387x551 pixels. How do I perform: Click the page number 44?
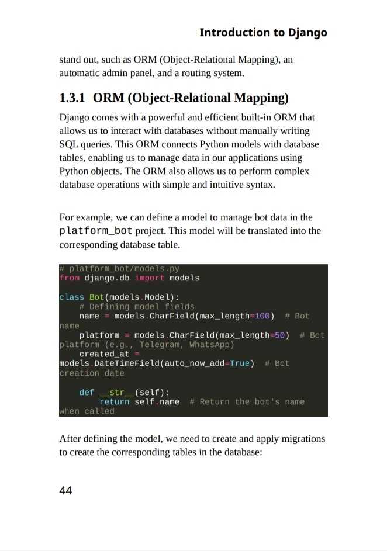[x=65, y=490]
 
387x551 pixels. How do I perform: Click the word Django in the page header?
[x=307, y=33]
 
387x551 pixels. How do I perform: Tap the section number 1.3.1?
[x=72, y=98]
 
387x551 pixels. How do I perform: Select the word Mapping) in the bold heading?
[x=261, y=98]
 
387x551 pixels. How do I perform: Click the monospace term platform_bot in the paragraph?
[x=96, y=231]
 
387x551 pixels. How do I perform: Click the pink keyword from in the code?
[x=69, y=278]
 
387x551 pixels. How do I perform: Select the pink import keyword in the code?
[x=150, y=278]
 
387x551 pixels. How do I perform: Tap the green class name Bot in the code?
[x=96, y=297]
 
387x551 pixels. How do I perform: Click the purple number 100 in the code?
[x=262, y=316]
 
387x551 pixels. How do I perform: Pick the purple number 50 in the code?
[x=280, y=335]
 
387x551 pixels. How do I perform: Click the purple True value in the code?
[x=240, y=363]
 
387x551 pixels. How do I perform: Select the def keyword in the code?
[x=87, y=392]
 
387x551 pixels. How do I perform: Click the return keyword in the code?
[x=114, y=401]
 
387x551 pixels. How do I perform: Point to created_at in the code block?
[x=104, y=354]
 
